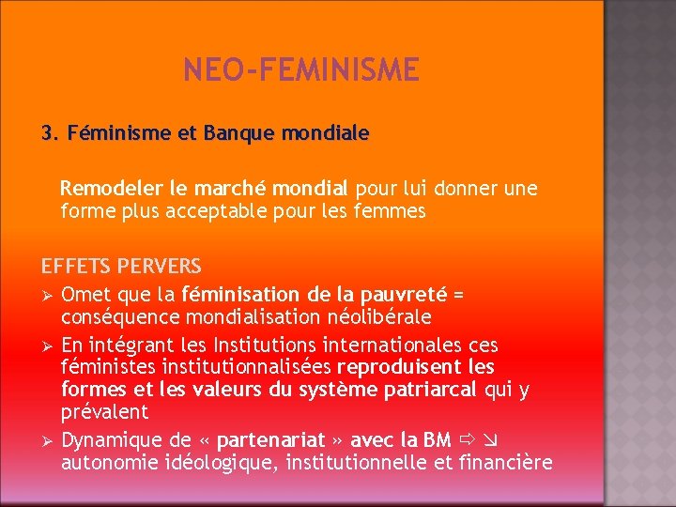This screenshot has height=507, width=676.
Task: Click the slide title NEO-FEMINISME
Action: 301,69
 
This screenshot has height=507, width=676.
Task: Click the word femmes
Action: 394,211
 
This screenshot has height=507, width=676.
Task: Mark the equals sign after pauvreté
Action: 458,294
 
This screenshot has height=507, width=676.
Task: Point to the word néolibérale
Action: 379,316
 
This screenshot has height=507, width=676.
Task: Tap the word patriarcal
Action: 432,389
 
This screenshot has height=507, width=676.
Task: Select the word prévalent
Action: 104,411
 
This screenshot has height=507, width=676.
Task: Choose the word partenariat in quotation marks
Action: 269,439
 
